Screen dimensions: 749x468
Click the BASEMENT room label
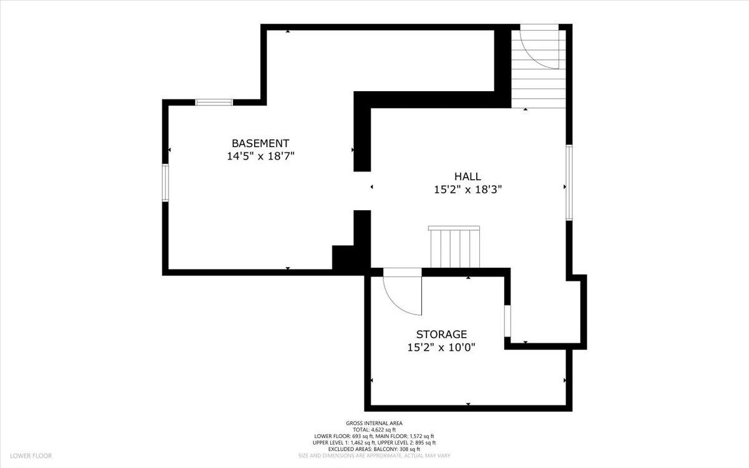[260, 144]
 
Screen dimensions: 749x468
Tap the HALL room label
[468, 177]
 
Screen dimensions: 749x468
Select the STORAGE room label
[441, 334]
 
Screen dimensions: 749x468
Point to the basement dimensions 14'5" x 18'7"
[260, 156]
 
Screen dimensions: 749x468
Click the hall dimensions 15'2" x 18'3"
[468, 190]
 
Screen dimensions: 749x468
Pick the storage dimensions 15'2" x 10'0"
[441, 348]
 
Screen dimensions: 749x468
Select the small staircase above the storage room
[454, 247]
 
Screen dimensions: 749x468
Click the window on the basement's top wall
[214, 102]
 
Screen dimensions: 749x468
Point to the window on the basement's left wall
[165, 182]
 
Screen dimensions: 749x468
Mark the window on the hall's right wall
[569, 182]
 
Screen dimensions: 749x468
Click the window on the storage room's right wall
[507, 321]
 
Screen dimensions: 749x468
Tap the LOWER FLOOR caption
[31, 456]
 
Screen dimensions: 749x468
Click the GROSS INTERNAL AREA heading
[374, 423]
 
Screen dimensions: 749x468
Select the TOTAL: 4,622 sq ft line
[374, 429]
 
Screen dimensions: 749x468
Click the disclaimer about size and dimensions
[374, 456]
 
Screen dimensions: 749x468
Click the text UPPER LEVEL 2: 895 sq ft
[406, 442]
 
